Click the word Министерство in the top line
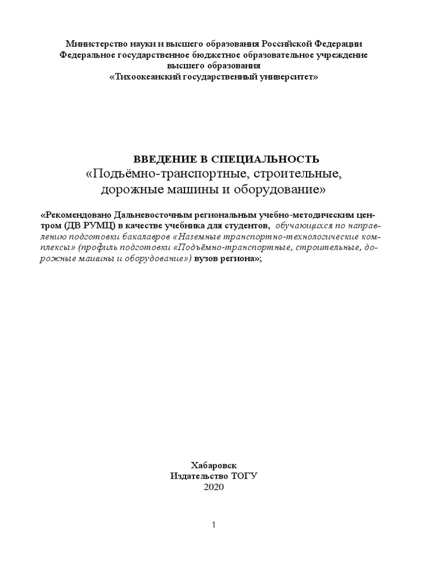click(94, 43)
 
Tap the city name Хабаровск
click(213, 465)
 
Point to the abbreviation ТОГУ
click(245, 476)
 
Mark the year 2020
click(213, 487)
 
